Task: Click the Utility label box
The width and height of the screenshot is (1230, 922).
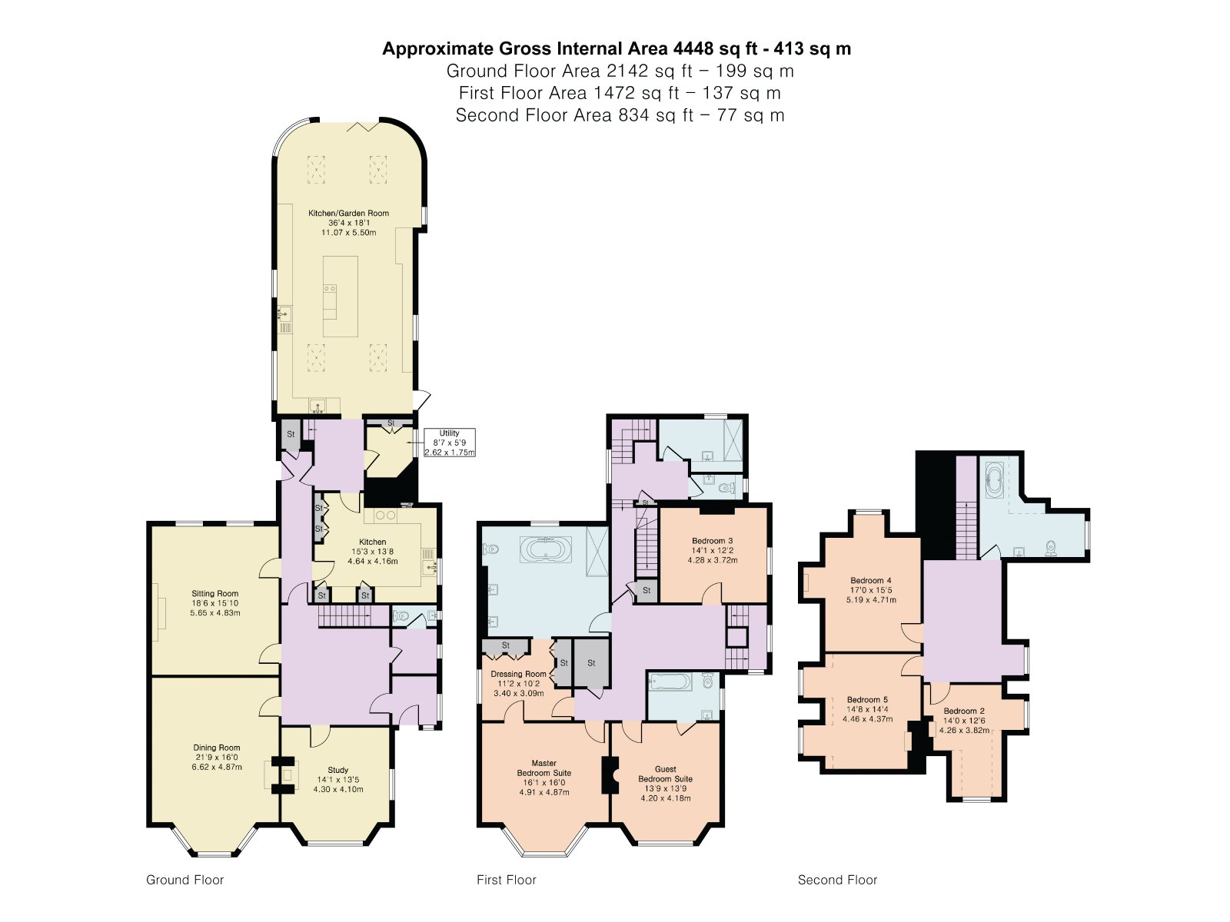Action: (x=450, y=443)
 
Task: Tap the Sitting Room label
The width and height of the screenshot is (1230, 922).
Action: (x=215, y=603)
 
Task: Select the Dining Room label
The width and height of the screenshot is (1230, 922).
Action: (x=217, y=757)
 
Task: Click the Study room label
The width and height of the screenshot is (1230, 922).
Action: (x=338, y=779)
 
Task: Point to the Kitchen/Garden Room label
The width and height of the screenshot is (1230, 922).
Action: (x=348, y=222)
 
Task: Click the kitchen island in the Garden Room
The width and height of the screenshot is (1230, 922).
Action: (x=340, y=296)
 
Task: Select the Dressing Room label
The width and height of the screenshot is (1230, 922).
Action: (x=518, y=683)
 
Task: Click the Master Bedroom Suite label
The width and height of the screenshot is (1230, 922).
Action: (x=544, y=778)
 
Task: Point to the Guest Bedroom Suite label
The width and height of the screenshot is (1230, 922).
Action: (x=665, y=783)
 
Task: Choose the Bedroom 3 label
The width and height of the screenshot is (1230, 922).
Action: (x=712, y=550)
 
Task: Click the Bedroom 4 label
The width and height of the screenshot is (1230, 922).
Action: (x=871, y=590)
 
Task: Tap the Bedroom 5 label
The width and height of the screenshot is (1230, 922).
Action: (x=867, y=709)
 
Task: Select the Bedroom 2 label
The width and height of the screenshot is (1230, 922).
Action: (x=964, y=721)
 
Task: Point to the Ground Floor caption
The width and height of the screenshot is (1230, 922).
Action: (x=185, y=880)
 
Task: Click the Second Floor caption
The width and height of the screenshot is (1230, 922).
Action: (x=837, y=880)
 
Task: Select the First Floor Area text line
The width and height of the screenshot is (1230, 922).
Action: (x=620, y=93)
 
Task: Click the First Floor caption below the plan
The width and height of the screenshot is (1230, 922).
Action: (x=506, y=880)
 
